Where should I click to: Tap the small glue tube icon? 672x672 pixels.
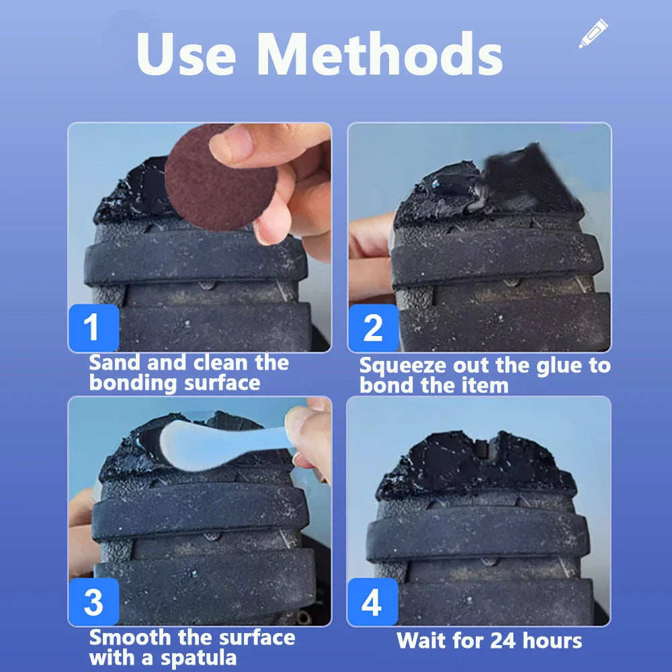[593, 34]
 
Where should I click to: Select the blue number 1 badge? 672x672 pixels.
[93, 328]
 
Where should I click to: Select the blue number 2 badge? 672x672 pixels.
[373, 328]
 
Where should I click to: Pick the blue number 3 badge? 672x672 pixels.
[93, 602]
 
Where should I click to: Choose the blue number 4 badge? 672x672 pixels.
[372, 602]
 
